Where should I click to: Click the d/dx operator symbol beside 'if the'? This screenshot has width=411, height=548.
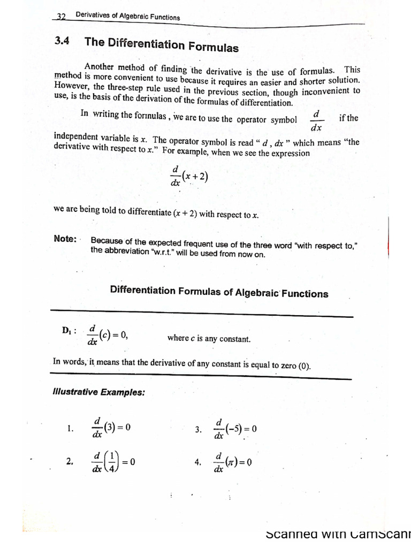tap(316, 121)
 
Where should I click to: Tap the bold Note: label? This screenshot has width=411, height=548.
tap(65, 239)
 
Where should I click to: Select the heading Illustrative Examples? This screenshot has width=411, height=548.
tap(99, 392)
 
